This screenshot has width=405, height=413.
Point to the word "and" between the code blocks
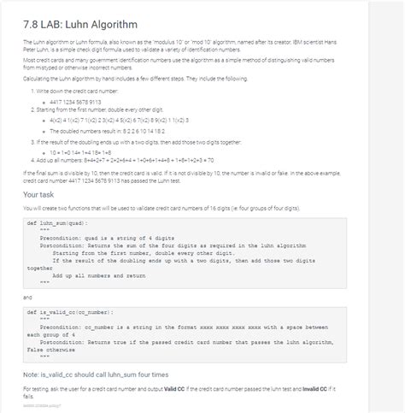coord(28,297)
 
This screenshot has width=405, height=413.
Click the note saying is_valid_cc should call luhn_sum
coord(97,375)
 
